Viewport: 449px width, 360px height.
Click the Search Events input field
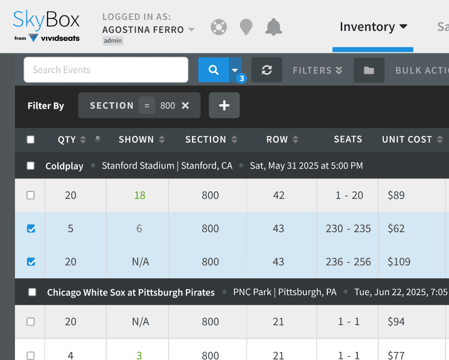coord(106,70)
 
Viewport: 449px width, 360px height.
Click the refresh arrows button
coord(266,70)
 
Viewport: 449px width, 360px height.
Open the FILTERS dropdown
coord(317,70)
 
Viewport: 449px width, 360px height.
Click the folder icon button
coord(369,70)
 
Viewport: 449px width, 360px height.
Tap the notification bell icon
coord(273,27)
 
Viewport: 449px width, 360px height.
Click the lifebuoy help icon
coord(219,27)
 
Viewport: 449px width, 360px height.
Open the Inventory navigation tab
coord(373,27)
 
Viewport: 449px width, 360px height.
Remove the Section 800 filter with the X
coord(185,106)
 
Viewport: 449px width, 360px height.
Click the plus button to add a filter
coord(224,105)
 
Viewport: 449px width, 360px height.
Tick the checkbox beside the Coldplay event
coord(30,166)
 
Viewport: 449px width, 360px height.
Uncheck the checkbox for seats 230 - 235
coord(31,229)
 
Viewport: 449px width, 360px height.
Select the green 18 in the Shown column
coord(140,195)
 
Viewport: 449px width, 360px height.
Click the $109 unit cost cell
coord(399,262)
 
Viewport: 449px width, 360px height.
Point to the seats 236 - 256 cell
coord(348,262)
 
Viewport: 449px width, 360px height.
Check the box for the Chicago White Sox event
coord(32,292)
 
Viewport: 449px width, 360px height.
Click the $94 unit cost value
coord(396,322)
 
